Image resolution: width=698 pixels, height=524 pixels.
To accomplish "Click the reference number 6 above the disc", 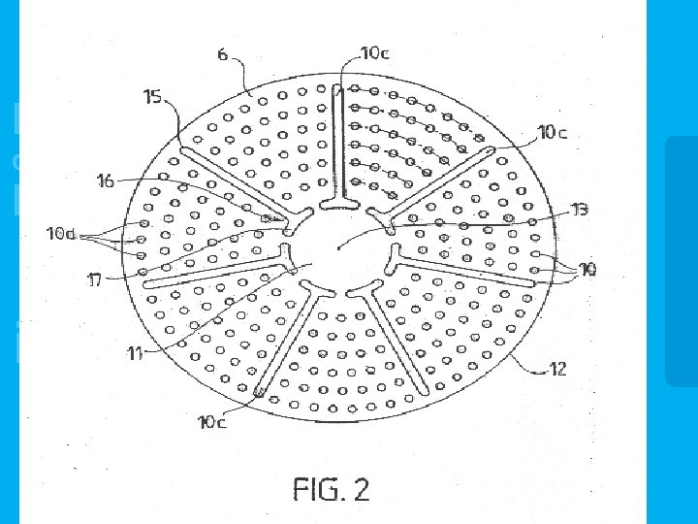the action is [223, 55].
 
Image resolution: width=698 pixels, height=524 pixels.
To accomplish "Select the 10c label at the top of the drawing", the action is [374, 53].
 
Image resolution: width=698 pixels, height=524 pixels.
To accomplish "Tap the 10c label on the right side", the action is [553, 132].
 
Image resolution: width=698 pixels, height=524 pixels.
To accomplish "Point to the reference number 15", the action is [152, 96].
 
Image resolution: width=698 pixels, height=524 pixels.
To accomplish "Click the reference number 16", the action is [106, 180].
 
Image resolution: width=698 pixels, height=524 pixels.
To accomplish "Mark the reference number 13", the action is [580, 209].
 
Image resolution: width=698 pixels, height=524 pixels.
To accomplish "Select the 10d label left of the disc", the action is [60, 234].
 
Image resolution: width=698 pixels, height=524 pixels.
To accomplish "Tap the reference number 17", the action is [96, 280].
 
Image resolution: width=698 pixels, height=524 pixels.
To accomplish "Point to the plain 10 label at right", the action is [587, 269].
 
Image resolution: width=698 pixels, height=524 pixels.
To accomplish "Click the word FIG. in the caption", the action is [316, 488].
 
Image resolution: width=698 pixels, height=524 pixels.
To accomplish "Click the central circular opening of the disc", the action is [339, 247].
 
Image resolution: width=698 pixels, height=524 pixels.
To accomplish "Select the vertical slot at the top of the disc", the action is [336, 146].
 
